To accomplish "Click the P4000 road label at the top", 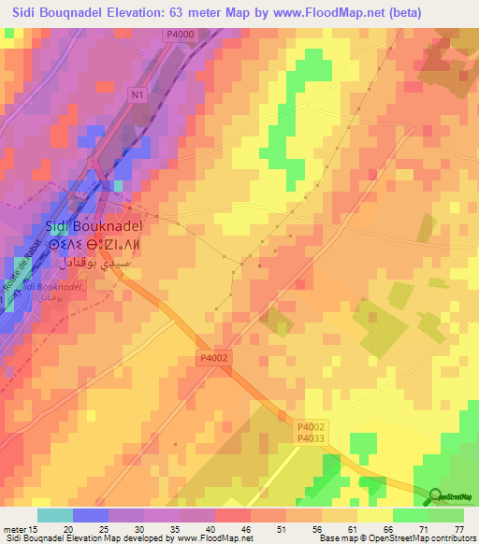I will click(183, 36).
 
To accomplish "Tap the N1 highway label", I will click(138, 94).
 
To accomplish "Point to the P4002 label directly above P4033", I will click(311, 423).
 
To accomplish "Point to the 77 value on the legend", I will click(458, 528).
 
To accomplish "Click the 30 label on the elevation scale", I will click(115, 528).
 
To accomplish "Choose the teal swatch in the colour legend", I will click(55, 515).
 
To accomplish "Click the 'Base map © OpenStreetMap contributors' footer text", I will click(396, 538).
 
